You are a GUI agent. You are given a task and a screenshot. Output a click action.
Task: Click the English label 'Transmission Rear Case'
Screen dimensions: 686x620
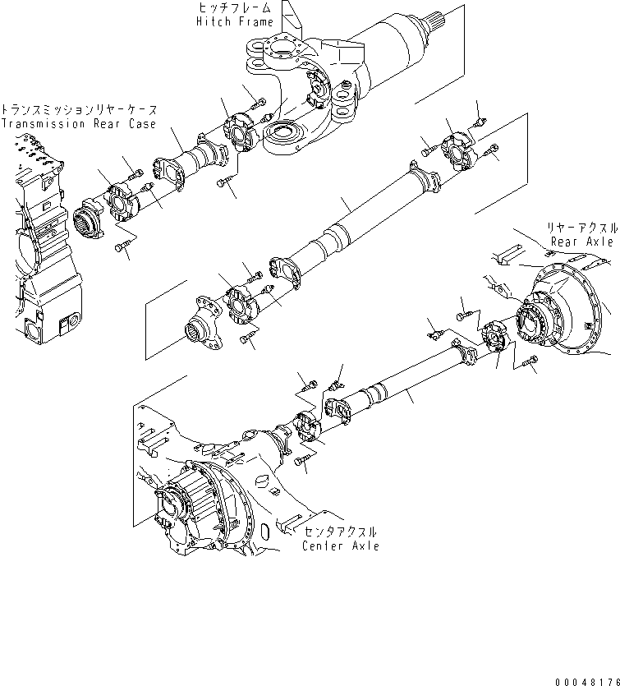point(67,124)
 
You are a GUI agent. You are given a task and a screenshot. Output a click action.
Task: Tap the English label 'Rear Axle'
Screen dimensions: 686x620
point(582,242)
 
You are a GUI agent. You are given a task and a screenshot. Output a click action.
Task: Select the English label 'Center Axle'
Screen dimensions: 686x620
point(340,546)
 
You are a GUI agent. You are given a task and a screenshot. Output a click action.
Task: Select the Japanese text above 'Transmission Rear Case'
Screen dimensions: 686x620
point(79,109)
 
